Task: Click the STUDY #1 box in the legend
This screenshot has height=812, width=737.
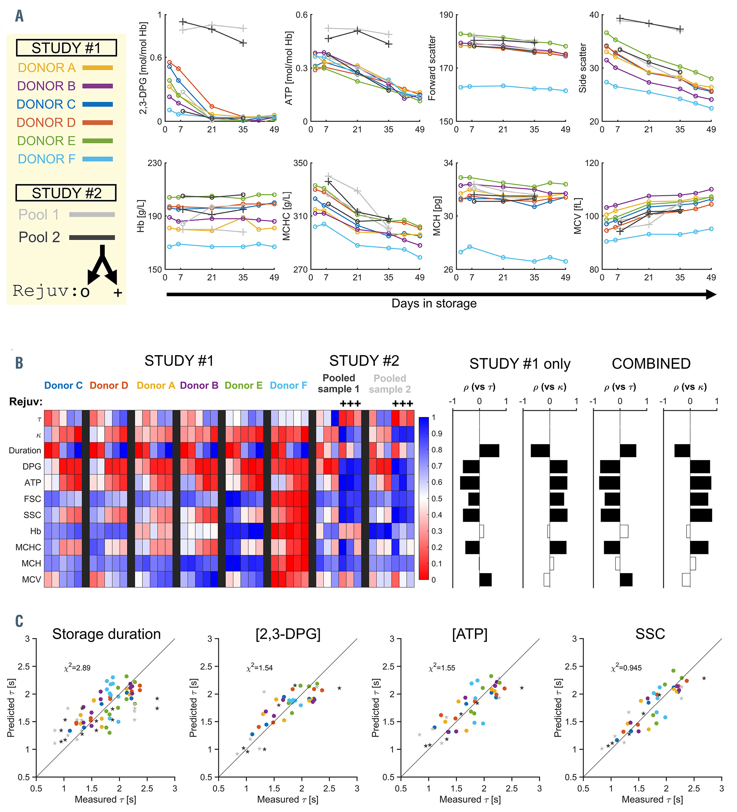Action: [x=66, y=48]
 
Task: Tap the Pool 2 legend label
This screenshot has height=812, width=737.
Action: [x=39, y=237]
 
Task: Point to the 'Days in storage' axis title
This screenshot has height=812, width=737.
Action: [x=433, y=303]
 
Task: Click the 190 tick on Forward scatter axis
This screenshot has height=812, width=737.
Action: [x=446, y=15]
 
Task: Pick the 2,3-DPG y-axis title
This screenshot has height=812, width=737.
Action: [x=143, y=68]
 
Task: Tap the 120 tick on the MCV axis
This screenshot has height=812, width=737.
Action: [x=591, y=163]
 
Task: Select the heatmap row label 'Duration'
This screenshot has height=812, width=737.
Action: [x=25, y=450]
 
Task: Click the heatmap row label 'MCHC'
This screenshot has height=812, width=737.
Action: [x=28, y=547]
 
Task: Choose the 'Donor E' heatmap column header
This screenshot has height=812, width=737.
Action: [x=244, y=386]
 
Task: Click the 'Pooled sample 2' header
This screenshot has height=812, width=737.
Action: [x=390, y=384]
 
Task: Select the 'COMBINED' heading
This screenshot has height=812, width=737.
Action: [x=651, y=364]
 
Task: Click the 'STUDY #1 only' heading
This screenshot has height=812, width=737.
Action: [x=520, y=364]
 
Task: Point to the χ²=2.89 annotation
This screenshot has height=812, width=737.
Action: [x=77, y=668]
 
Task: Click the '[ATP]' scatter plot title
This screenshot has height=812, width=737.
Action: [x=469, y=634]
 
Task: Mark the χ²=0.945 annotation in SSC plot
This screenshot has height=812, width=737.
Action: [x=626, y=668]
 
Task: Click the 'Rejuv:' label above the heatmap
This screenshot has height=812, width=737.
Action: [x=26, y=402]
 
